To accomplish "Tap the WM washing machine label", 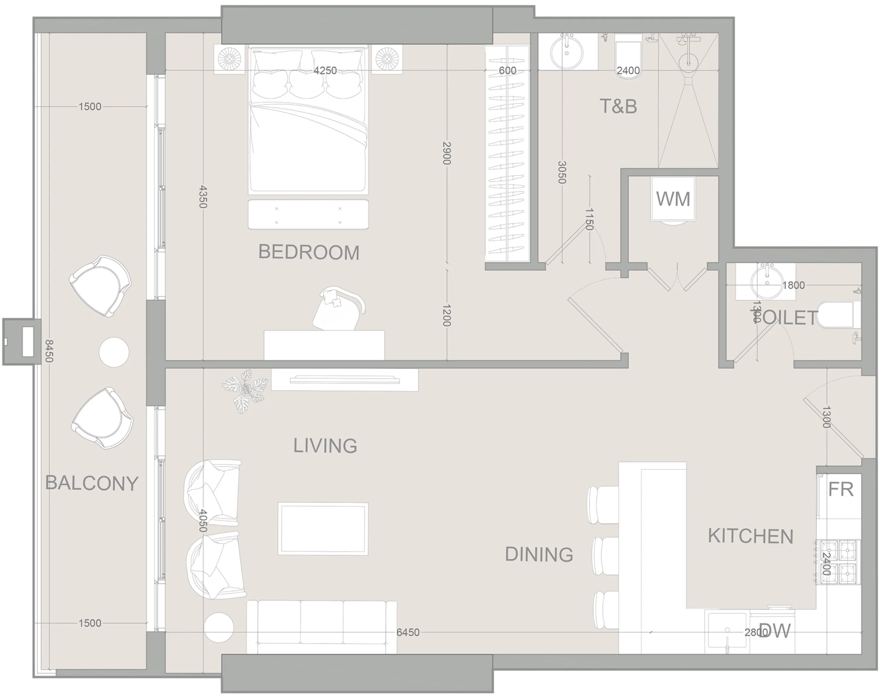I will pos(673,199).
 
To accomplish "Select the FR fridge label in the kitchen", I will pos(841,489).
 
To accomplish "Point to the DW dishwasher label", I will pos(775,631).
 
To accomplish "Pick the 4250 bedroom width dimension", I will pos(325,70).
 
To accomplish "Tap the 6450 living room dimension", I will pos(408,632).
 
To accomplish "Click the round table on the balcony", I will pos(114,352).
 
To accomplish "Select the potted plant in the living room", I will pos(245,390).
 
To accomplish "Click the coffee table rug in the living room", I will pos(323,529).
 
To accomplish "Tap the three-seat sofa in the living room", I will pos(322,627).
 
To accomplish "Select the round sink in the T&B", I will pos(567,52).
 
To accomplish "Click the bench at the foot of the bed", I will pos(308,214).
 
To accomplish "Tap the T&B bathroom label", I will pos(618,107).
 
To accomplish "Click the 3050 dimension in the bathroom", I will pos(562,172).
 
